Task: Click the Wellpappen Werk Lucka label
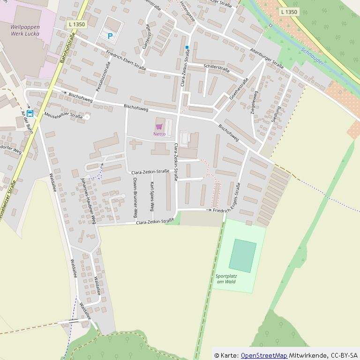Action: [25, 30]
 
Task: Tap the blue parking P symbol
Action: [110, 36]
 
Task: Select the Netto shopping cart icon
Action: [159, 127]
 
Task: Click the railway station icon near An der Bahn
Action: [30, 113]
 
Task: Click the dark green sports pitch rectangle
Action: [243, 255]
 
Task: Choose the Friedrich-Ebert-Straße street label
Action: [126, 60]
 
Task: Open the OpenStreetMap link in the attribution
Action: [264, 355]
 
